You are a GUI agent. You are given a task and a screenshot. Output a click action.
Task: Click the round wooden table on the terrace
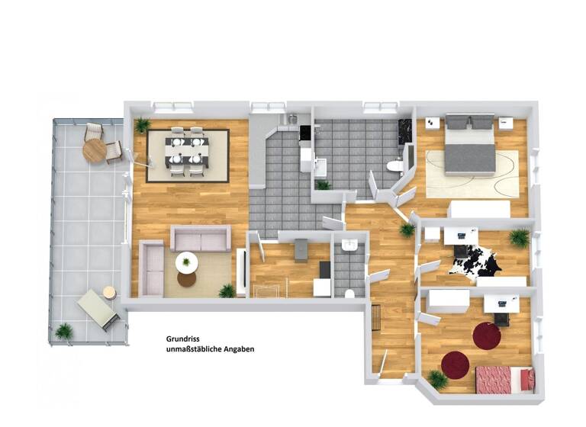(x=95, y=150)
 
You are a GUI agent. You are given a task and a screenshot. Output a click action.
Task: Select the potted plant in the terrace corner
(x=64, y=332)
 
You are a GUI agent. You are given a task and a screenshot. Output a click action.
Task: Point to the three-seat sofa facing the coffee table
(x=200, y=239)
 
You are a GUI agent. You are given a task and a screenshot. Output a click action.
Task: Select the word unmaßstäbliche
(x=191, y=349)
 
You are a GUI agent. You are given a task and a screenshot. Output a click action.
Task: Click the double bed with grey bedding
(x=469, y=143)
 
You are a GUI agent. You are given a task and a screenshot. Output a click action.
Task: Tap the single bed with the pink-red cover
(x=504, y=378)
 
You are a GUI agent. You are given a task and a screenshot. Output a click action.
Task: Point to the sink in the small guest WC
(x=349, y=245)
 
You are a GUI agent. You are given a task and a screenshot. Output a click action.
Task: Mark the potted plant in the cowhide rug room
(x=520, y=238)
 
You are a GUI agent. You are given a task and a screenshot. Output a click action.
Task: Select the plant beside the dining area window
(x=142, y=126)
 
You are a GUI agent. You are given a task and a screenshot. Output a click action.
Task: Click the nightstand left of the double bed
(x=431, y=122)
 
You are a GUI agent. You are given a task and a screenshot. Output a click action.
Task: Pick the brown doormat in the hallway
(x=375, y=316)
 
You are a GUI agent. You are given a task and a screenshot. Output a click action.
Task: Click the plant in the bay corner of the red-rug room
(x=437, y=378)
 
